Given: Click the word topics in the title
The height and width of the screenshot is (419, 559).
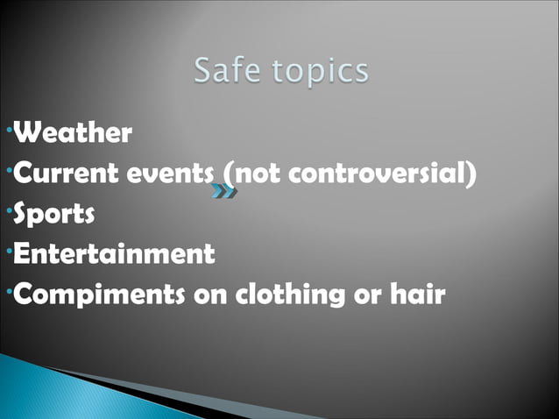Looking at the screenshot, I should [x=319, y=71].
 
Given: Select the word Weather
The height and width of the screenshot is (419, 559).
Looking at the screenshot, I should [x=74, y=133].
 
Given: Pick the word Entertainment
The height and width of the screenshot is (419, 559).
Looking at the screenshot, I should [x=115, y=254].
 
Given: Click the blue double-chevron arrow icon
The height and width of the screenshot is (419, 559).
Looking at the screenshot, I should [x=223, y=190].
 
